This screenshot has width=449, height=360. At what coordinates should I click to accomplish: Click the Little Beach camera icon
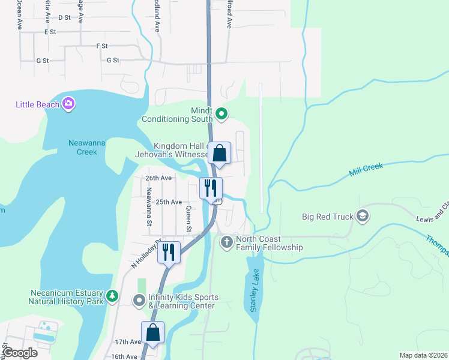click(68, 104)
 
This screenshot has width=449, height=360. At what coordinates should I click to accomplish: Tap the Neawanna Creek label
click(78, 147)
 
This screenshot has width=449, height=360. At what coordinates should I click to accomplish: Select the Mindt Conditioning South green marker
click(221, 113)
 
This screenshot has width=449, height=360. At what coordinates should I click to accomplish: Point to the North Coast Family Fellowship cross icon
click(227, 242)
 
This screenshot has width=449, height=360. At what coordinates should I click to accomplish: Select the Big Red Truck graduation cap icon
click(362, 216)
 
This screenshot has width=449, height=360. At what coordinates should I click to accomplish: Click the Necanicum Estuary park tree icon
click(112, 296)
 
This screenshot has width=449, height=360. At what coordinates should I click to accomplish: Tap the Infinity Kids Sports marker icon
click(139, 299)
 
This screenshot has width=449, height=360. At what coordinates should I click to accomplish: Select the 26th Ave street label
click(158, 178)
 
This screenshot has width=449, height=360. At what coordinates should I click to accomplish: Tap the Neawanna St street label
click(149, 207)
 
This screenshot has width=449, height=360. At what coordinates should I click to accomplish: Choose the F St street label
click(102, 46)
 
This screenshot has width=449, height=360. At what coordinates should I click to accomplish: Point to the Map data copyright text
click(423, 355)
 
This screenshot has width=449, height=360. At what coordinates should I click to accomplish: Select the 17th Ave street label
click(127, 341)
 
